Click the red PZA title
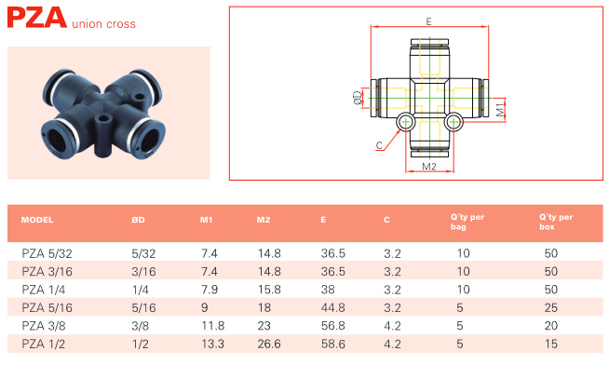pos(37,18)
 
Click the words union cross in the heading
pos(103,24)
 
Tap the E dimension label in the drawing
pos(428,21)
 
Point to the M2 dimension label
pos(429,167)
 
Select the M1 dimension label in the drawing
pos(500,109)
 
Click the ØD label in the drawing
pos(358,98)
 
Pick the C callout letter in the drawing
pos(379,145)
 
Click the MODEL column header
pos(37,220)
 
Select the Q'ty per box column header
pos(556,222)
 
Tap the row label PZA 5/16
pos(47,307)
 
